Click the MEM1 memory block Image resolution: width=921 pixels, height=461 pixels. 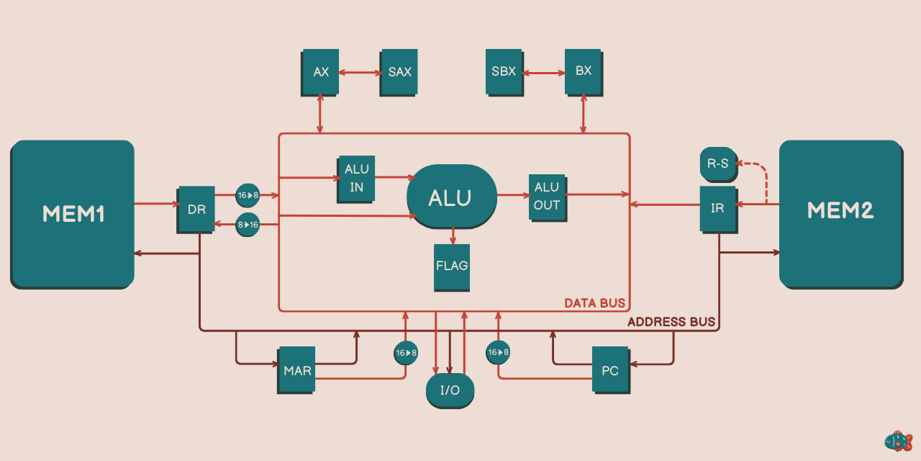click(73, 214)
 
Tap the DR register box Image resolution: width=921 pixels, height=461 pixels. click(196, 210)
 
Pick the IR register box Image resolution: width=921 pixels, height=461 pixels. click(717, 208)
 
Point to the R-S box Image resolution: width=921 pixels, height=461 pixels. click(717, 164)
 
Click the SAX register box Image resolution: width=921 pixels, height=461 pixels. click(399, 72)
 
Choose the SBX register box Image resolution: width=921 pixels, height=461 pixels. click(504, 72)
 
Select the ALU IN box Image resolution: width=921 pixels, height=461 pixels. click(356, 178)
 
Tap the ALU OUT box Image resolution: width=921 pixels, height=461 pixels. click(547, 197)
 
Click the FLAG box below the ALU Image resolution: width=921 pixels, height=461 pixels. click(452, 267)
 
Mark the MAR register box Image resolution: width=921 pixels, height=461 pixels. click(296, 370)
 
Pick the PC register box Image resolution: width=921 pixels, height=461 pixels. click(610, 370)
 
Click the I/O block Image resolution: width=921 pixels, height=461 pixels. click(450, 390)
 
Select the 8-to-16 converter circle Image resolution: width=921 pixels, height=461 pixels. click(248, 224)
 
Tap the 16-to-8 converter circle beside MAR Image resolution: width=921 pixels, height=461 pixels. click(405, 352)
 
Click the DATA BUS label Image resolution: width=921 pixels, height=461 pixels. click(594, 303)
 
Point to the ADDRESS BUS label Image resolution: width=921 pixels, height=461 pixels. click(671, 322)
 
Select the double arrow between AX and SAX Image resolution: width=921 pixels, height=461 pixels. click(360, 72)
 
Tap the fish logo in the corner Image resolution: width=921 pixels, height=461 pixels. click(898, 441)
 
